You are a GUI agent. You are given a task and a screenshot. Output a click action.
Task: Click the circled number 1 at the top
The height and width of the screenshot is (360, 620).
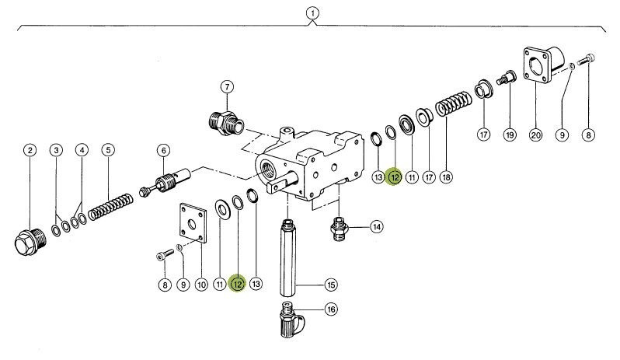(x=312, y=13)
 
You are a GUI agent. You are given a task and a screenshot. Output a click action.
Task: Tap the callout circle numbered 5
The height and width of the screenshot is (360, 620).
(x=108, y=150)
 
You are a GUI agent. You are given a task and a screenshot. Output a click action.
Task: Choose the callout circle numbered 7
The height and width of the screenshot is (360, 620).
(x=226, y=86)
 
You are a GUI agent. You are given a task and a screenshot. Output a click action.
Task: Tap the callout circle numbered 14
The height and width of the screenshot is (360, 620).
(x=376, y=228)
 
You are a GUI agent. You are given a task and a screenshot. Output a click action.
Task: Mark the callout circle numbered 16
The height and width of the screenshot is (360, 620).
(x=331, y=309)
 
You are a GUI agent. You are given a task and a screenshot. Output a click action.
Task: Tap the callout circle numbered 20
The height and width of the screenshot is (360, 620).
(x=535, y=135)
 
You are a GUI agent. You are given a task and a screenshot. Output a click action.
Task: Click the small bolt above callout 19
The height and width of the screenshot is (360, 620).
(x=508, y=78)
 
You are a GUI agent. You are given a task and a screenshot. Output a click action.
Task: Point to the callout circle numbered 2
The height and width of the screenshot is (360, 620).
(x=29, y=150)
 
